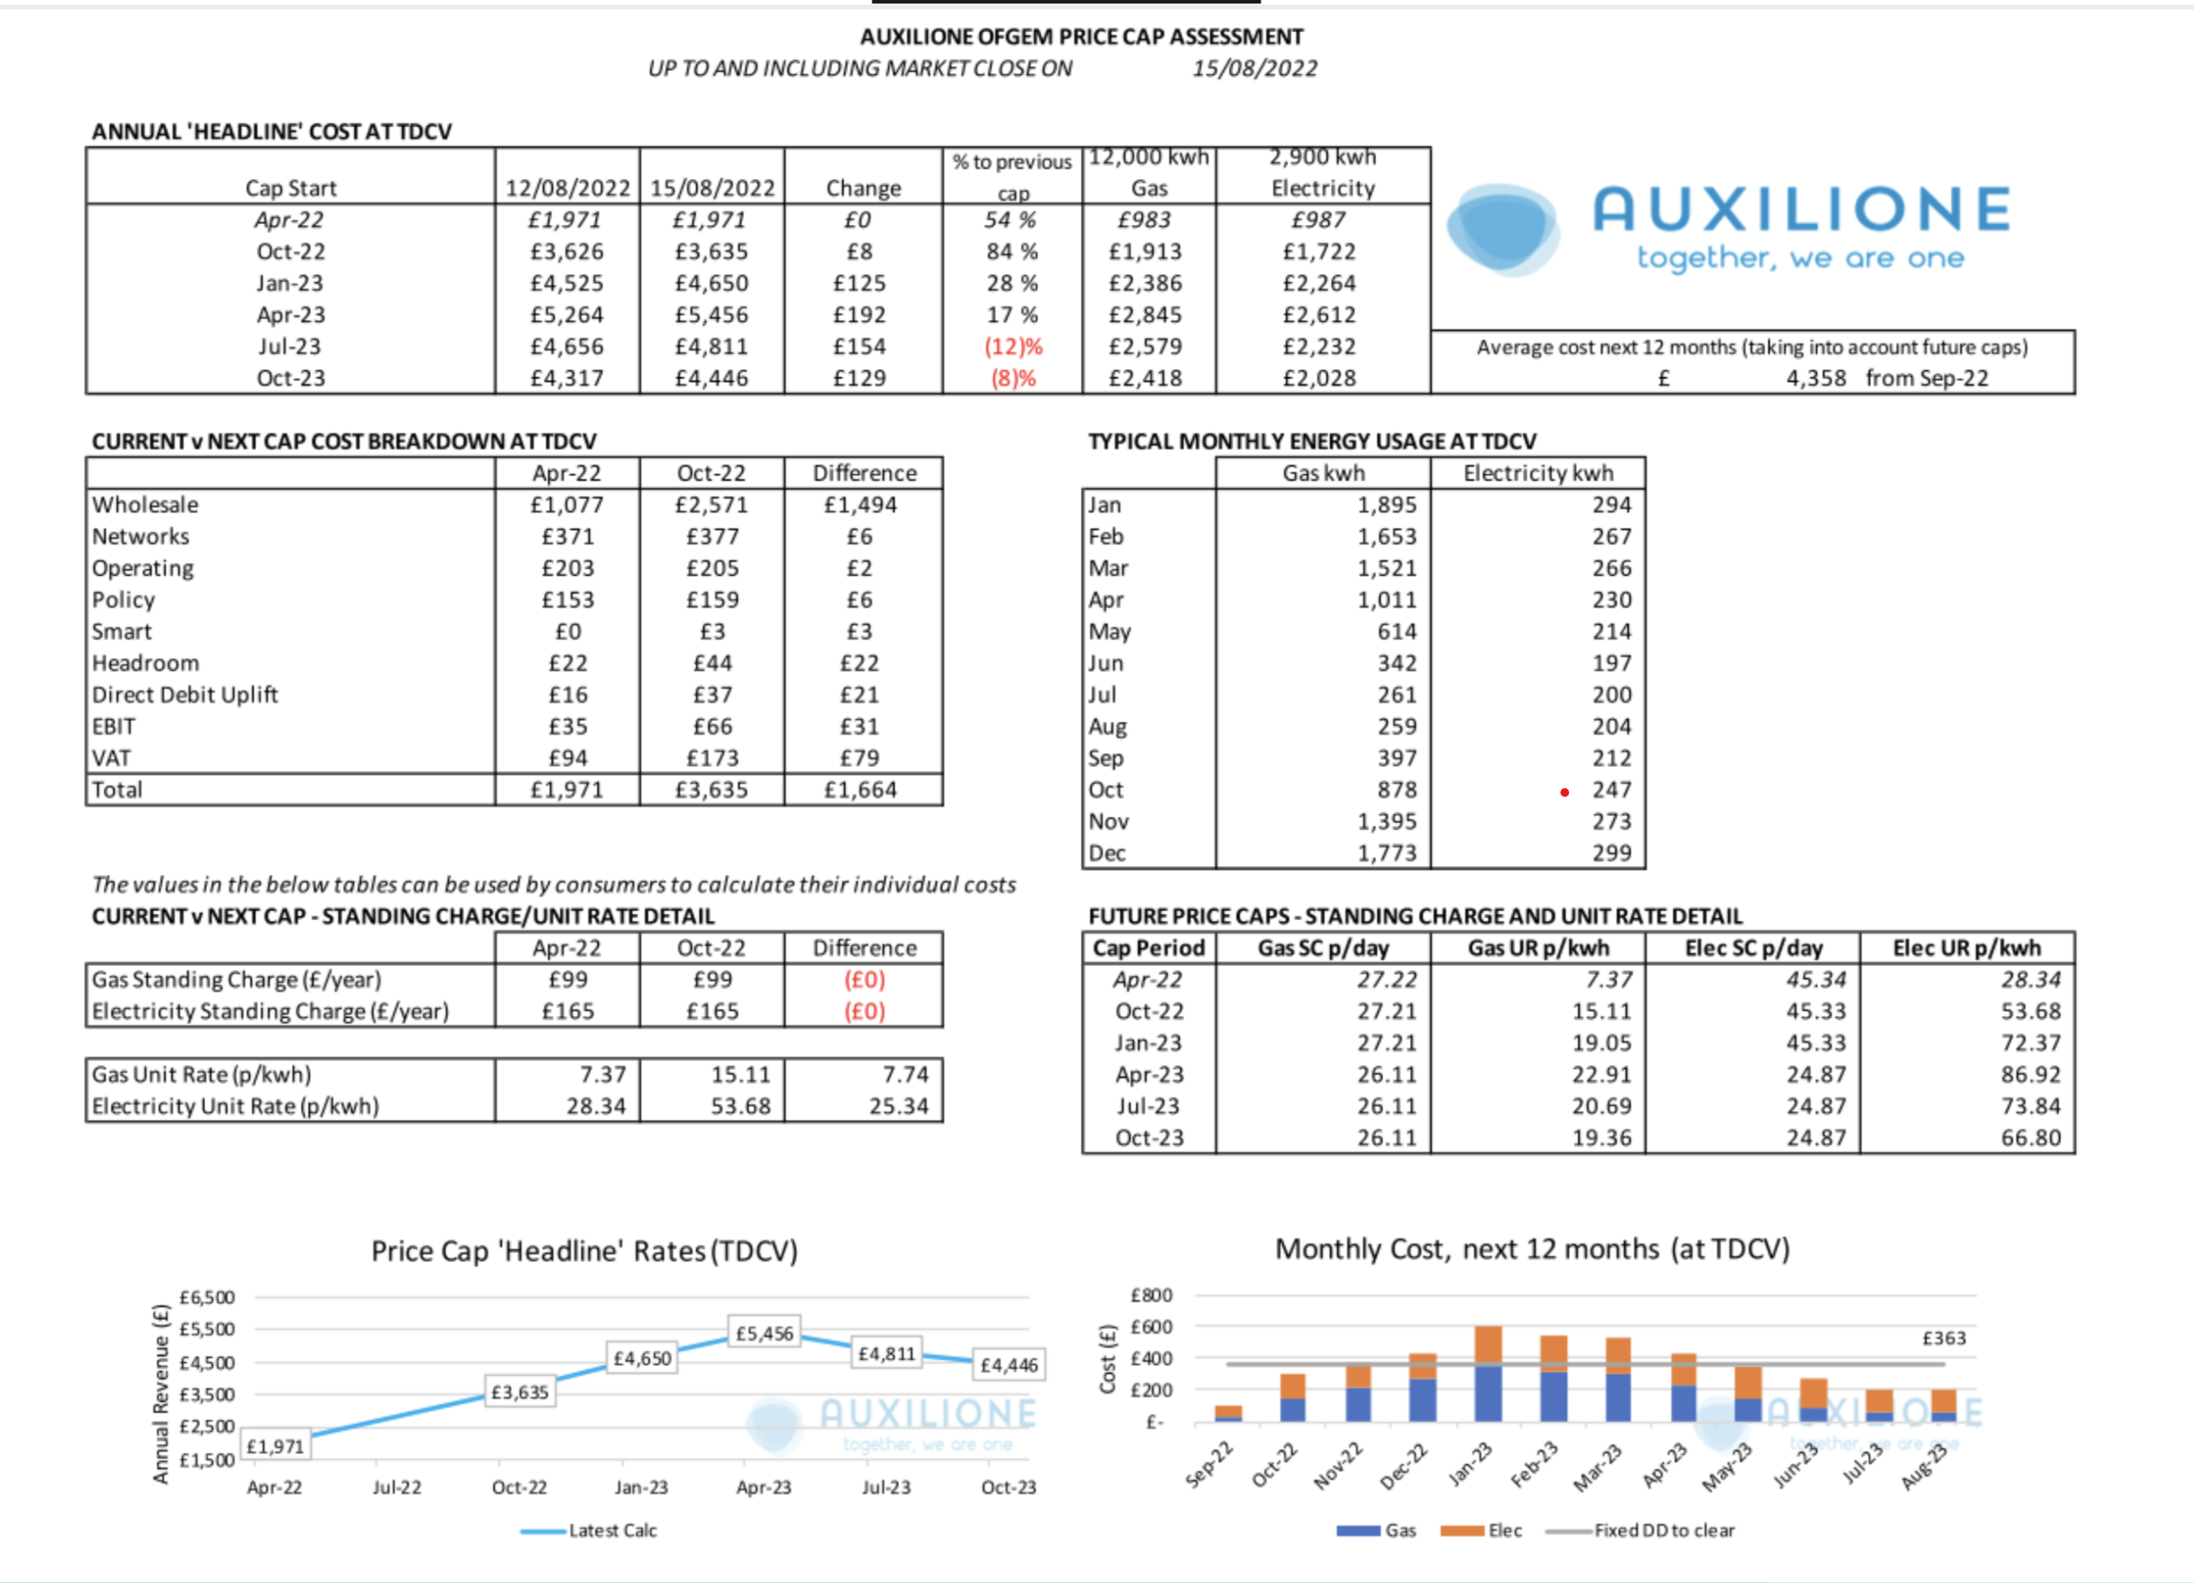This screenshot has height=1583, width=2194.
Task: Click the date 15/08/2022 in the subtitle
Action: [1254, 69]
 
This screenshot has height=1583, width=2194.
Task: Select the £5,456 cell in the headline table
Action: [712, 316]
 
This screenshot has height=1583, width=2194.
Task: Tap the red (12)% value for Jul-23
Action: [1013, 347]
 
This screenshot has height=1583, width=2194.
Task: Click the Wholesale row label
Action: [145, 505]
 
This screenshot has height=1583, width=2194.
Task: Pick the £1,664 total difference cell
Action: [860, 790]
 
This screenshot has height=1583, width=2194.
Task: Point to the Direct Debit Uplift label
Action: [185, 695]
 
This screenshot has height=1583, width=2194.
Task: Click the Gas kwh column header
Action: [1323, 474]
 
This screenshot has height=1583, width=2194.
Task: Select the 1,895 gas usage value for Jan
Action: [1386, 505]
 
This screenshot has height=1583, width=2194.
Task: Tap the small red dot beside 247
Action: [1565, 793]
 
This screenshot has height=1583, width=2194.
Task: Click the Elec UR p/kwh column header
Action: [1966, 948]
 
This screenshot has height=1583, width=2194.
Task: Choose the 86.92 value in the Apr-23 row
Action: [2032, 1075]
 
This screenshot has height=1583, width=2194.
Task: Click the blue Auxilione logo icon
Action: [1503, 230]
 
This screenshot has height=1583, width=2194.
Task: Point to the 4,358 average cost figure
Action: [1816, 378]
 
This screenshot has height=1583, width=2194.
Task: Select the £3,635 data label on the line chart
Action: [519, 1392]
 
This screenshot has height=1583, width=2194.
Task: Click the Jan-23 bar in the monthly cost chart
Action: [1487, 1374]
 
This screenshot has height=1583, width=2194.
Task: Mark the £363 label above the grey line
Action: [1944, 1338]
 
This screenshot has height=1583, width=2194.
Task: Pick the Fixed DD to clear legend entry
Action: [1640, 1531]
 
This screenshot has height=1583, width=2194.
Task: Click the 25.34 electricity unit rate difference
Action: [898, 1106]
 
